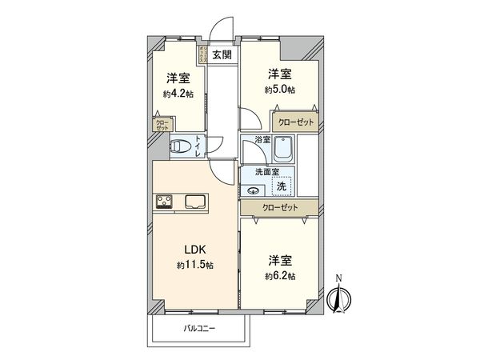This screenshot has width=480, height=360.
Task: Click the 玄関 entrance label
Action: (222, 55)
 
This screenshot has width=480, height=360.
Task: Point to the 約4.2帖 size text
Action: (178, 94)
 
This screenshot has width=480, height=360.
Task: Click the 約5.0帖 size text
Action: (280, 90)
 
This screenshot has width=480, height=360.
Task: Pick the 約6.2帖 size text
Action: (280, 276)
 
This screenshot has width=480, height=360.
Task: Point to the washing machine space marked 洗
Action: (280, 186)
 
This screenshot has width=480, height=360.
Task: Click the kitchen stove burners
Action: (166, 202)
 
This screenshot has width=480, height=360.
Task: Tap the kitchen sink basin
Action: (196, 202)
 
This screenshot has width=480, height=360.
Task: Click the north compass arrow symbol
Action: (338, 298)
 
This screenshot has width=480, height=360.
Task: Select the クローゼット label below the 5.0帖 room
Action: (295, 122)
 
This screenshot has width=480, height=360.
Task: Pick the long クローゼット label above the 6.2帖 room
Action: (280, 207)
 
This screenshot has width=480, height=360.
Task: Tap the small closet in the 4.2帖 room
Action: (162, 125)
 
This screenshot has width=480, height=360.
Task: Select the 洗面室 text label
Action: (266, 171)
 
